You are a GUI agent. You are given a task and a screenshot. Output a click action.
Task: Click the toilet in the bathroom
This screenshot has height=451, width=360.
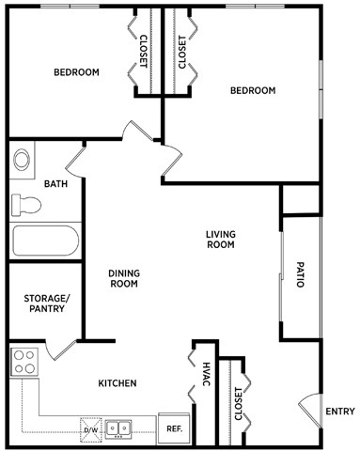point(26,204)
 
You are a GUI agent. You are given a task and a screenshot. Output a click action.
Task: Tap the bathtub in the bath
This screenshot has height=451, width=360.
point(45,241)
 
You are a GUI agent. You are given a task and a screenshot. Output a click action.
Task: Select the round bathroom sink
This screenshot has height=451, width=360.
point(23,159)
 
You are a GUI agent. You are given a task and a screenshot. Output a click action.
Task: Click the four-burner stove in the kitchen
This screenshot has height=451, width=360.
point(23,361)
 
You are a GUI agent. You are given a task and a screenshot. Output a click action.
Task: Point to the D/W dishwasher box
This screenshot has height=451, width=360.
point(91,428)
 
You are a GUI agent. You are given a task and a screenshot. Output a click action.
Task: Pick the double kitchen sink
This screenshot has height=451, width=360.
point(118,428)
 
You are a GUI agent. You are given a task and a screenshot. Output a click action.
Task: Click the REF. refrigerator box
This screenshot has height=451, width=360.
point(174,428)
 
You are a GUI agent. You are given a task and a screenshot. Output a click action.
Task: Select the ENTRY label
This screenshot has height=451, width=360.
point(339,412)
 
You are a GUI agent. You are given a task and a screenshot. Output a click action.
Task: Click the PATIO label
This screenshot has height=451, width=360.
point(300,273)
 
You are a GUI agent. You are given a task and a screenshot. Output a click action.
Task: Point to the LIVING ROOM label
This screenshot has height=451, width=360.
point(220,239)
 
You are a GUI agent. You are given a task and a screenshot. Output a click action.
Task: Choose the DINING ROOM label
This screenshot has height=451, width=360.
point(124,278)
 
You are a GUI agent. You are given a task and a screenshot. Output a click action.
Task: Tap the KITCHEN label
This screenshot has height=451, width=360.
point(118,383)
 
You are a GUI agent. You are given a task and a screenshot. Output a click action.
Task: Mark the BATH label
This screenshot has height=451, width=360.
point(55,183)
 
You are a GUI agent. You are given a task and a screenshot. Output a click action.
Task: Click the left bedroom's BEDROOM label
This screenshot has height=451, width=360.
point(76,72)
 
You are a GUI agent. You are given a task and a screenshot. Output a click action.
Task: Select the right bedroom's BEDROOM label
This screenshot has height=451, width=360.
point(253,90)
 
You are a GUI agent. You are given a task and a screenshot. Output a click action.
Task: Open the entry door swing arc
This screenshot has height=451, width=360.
point(308,412)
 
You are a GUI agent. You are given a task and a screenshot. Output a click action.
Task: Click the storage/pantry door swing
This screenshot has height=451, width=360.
point(62,350)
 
